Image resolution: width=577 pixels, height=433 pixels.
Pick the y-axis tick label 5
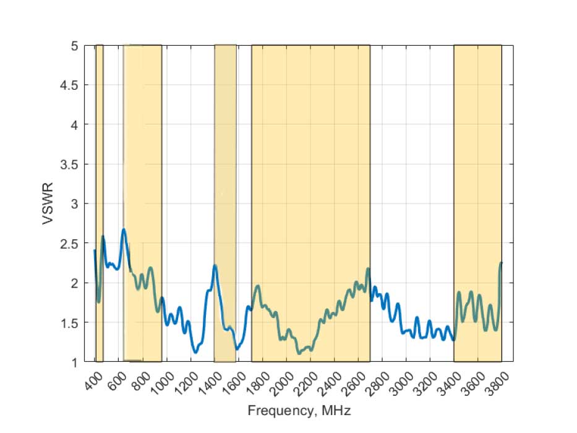[x=74, y=46]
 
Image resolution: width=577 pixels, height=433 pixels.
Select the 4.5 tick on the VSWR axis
[x=68, y=85]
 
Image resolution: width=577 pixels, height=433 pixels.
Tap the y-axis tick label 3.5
[x=68, y=165]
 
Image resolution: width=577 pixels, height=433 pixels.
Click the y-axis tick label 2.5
[x=68, y=244]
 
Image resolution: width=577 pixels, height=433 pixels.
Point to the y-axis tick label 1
[x=74, y=362]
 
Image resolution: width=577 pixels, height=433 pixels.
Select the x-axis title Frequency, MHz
[x=299, y=410]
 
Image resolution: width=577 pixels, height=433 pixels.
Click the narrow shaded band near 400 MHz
[x=99, y=155]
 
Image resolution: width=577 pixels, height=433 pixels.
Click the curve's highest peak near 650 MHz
[x=124, y=229]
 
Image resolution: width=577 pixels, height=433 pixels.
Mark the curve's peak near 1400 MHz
[x=215, y=265]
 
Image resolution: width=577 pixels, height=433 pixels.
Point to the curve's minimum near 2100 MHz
[x=299, y=353]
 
